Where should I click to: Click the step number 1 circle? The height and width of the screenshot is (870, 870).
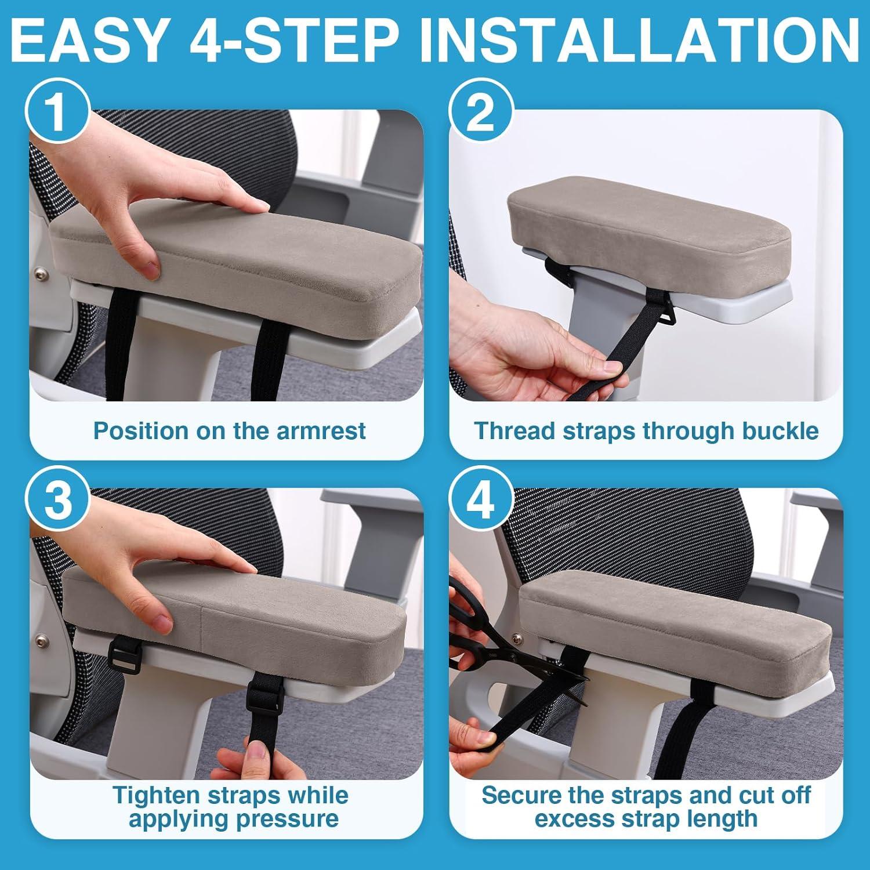pos(56,113)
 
